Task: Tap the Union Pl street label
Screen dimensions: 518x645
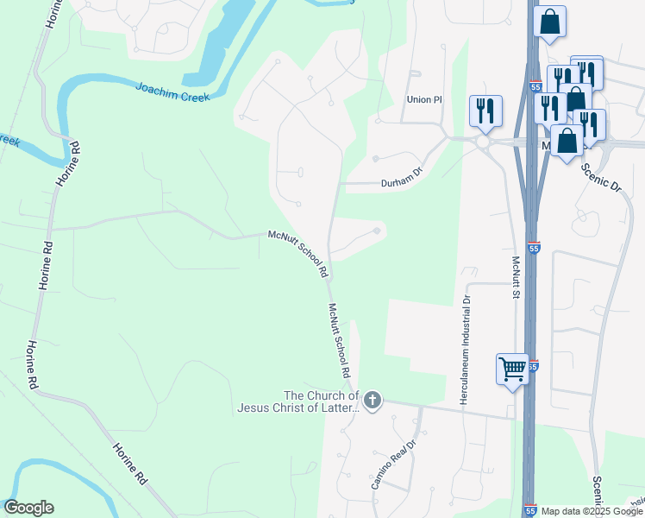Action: pos(423,100)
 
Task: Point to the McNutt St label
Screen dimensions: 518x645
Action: pos(515,276)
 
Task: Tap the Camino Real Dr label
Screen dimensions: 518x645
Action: pos(393,464)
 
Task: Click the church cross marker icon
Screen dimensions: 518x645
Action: pos(373,400)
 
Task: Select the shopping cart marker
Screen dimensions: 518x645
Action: pos(512,370)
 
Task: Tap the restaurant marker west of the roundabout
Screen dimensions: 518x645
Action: pos(485,111)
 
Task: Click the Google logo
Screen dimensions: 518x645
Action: pos(28,508)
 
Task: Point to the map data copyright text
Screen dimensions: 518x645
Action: pos(592,511)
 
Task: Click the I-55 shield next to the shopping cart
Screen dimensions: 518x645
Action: pos(535,366)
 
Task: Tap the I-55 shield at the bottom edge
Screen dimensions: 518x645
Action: pos(531,510)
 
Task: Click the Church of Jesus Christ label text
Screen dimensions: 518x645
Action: pos(297,402)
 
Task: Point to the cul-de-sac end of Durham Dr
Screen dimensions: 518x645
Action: pos(375,158)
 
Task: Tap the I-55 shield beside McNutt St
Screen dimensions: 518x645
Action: pos(535,247)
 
